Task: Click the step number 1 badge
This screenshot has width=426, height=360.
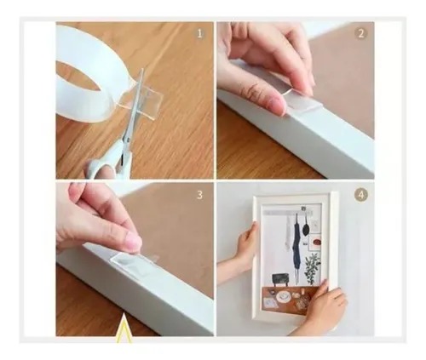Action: pos(200,34)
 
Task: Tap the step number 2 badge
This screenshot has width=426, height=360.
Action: pos(360,34)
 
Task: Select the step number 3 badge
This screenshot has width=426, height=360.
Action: pos(200,194)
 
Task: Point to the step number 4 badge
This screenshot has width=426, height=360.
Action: pos(360,194)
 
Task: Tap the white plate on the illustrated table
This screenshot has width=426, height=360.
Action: pos(270,301)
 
